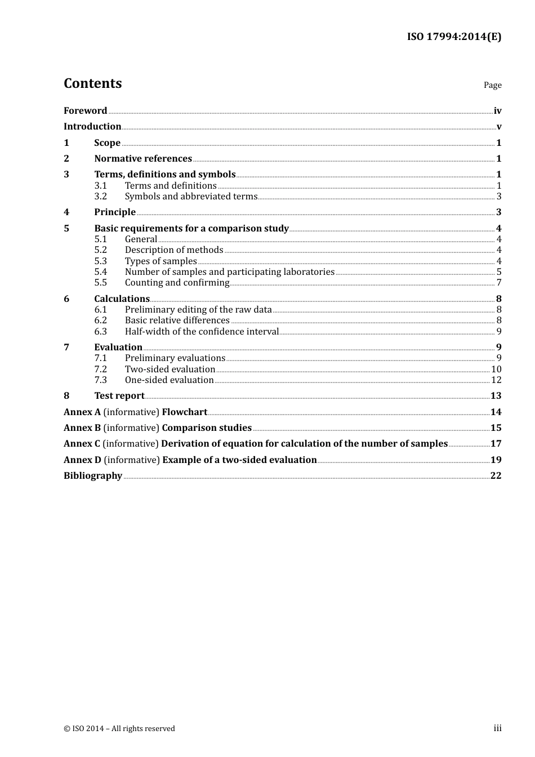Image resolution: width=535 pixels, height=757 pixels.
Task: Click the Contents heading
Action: (92, 83)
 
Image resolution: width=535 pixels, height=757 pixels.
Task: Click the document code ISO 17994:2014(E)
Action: (454, 37)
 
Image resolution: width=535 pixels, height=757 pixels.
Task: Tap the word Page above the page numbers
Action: (492, 85)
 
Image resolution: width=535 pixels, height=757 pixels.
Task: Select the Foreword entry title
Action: (85, 111)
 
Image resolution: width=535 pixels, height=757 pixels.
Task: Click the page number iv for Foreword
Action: (497, 111)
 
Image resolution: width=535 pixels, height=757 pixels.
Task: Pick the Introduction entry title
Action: (92, 127)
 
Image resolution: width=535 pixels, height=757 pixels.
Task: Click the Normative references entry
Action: (143, 159)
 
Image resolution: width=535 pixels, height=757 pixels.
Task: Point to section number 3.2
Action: (100, 197)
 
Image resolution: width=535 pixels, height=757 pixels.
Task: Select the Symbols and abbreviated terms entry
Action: (191, 197)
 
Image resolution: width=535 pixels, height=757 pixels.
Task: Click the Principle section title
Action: (115, 212)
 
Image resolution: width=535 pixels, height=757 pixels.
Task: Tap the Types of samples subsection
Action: (160, 261)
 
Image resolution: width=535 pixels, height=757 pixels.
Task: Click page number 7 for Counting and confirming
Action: (499, 283)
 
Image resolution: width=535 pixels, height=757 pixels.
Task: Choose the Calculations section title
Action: (122, 299)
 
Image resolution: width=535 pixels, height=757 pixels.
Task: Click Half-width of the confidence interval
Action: (202, 332)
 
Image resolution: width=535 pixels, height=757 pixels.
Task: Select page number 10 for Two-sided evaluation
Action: (496, 369)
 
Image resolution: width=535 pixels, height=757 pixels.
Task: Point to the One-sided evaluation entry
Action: (169, 380)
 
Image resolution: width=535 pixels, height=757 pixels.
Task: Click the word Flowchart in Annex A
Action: (184, 412)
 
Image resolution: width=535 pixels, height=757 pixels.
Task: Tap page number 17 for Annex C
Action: (496, 444)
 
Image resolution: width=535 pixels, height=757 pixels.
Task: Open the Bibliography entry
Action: (93, 476)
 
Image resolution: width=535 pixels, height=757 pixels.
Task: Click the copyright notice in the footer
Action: (119, 729)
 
